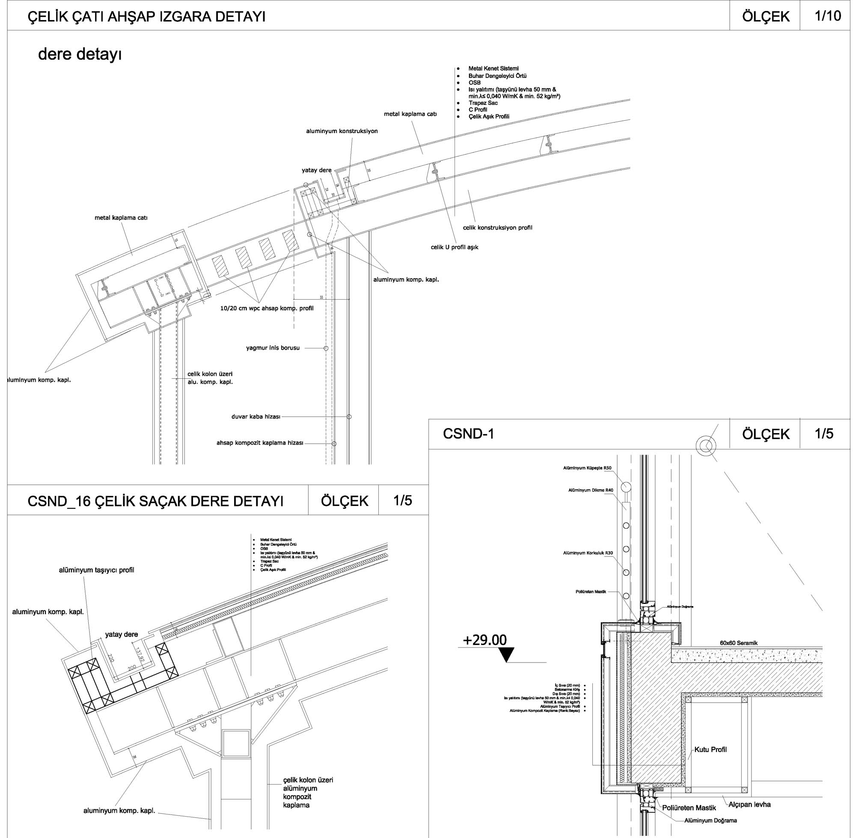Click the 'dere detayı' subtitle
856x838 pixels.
80,55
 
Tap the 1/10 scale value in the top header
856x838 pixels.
827,16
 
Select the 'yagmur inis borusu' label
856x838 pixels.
273,348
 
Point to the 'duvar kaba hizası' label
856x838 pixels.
256,416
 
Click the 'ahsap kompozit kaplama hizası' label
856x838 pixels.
260,443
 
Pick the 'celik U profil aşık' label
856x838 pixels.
454,247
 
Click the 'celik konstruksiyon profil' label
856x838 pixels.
497,228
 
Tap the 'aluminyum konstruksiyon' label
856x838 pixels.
342,131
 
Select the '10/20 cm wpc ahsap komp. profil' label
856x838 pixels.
267,308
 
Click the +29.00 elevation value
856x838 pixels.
484,640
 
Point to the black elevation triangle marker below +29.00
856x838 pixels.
508,655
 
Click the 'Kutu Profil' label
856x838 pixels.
710,749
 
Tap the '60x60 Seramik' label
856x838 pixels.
738,643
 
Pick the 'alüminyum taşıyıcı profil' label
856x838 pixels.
96,570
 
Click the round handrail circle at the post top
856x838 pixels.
626,486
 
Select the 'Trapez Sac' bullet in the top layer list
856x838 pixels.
483,103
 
